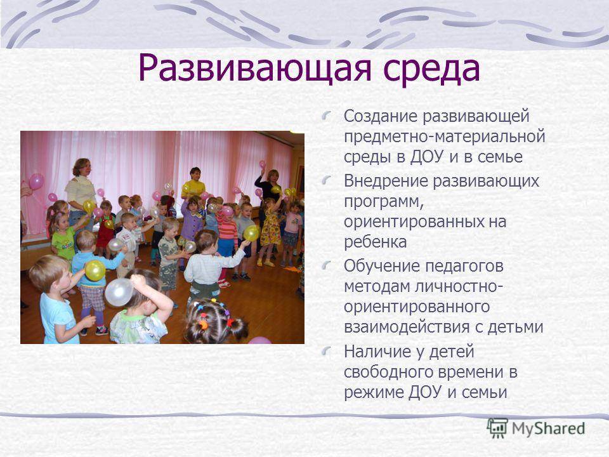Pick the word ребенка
[x=375, y=242]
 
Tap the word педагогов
[x=464, y=267]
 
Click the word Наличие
[x=376, y=352]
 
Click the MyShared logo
[x=536, y=428]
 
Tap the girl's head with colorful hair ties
[x=215, y=321]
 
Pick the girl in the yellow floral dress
[x=270, y=229]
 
